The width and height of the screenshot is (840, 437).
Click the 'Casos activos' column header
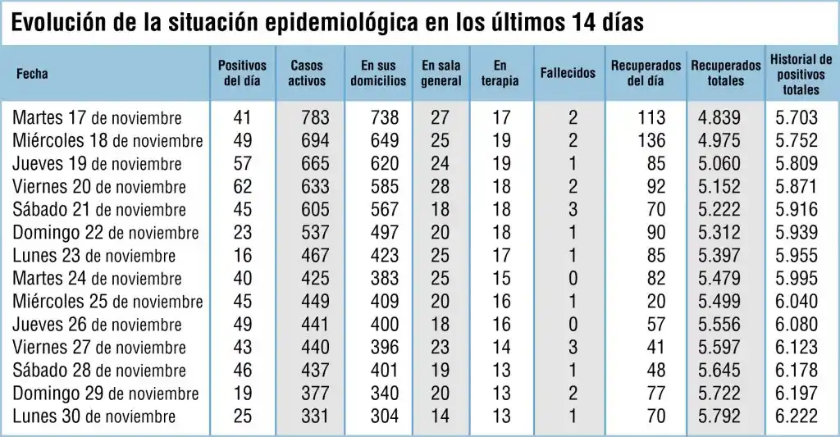(307, 73)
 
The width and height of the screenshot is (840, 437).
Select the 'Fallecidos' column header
(568, 73)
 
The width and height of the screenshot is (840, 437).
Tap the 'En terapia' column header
(500, 73)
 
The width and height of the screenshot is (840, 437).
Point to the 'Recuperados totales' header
(725, 73)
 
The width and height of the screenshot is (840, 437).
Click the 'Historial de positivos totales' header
(801, 73)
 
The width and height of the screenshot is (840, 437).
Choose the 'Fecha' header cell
(32, 73)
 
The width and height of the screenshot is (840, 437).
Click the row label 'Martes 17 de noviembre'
(97, 118)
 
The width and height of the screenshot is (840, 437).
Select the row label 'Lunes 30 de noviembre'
(94, 417)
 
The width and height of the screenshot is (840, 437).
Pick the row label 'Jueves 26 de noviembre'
(97, 325)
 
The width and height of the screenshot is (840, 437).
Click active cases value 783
(315, 118)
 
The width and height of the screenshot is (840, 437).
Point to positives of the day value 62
(243, 187)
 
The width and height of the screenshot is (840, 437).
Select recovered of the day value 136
(651, 141)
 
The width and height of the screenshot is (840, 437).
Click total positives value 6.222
(796, 417)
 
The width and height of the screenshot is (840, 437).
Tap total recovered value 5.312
(719, 233)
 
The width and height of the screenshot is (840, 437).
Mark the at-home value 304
(384, 417)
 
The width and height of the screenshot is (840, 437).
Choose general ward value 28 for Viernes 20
(440, 187)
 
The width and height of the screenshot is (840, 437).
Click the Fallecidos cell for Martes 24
(573, 279)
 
